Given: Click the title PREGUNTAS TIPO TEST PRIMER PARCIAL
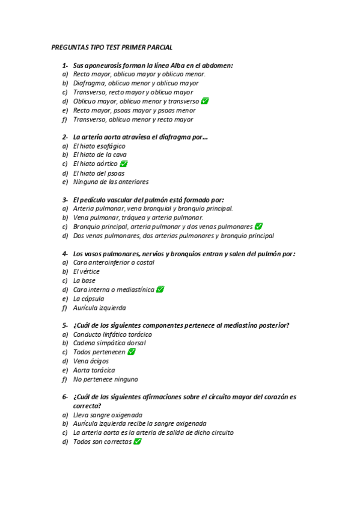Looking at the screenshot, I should pyautogui.click(x=112, y=47).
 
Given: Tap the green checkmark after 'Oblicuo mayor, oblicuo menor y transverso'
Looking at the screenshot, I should pyautogui.click(x=205, y=101).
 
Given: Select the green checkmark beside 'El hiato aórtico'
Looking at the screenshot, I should pyautogui.click(x=124, y=164).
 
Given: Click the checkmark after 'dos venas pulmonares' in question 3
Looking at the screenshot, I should pyautogui.click(x=258, y=227).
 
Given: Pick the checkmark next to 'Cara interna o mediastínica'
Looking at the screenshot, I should pyautogui.click(x=160, y=289).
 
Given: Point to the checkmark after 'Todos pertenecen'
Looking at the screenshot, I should pyautogui.click(x=131, y=352).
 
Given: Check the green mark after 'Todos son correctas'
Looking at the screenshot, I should pyautogui.click(x=138, y=441).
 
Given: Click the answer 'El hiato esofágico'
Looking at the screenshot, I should pyautogui.click(x=99, y=146).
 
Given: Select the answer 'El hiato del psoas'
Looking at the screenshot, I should pyautogui.click(x=99, y=173).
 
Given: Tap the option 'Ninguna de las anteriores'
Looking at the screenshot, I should pyautogui.click(x=111, y=182).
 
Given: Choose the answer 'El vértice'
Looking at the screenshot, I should pyautogui.click(x=87, y=271).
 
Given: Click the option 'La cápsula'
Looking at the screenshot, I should pyautogui.click(x=88, y=298).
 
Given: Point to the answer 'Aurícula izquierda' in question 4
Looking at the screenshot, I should pyautogui.click(x=100, y=307).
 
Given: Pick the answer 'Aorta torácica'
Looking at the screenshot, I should pyautogui.click(x=94, y=370).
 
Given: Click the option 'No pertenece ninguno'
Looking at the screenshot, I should pyautogui.click(x=105, y=379).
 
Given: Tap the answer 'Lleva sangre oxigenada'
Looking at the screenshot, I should pyautogui.click(x=108, y=414).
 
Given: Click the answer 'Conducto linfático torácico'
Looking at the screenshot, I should pyautogui.click(x=112, y=334).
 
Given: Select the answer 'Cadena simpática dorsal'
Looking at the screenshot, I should pyautogui.click(x=109, y=343).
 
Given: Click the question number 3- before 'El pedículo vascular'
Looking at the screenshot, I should pyautogui.click(x=64, y=200).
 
